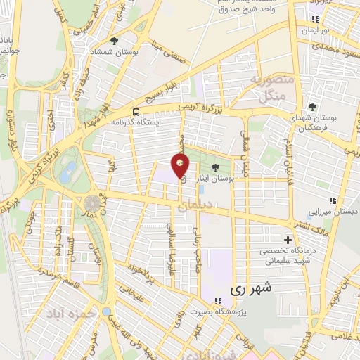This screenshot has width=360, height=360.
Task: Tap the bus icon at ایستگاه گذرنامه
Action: click(x=135, y=111)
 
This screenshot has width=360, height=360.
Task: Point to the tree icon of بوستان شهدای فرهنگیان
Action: click(x=311, y=108)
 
